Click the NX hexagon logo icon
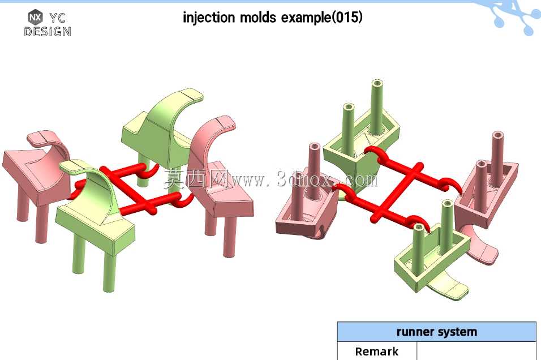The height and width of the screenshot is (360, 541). point(35,16)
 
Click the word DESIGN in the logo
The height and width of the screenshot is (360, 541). point(48,32)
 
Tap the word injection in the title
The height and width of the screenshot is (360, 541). point(209,17)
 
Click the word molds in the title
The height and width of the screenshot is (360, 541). point(257,17)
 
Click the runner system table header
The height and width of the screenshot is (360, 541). point(436,332)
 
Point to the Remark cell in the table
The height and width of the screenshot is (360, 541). point(377,351)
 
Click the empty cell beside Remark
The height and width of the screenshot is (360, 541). point(476,351)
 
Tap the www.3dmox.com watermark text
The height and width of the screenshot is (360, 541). point(304,179)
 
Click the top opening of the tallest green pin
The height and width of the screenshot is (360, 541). point(377,84)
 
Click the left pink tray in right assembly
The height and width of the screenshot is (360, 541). point(307,211)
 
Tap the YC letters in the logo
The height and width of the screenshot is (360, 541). point(57,18)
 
